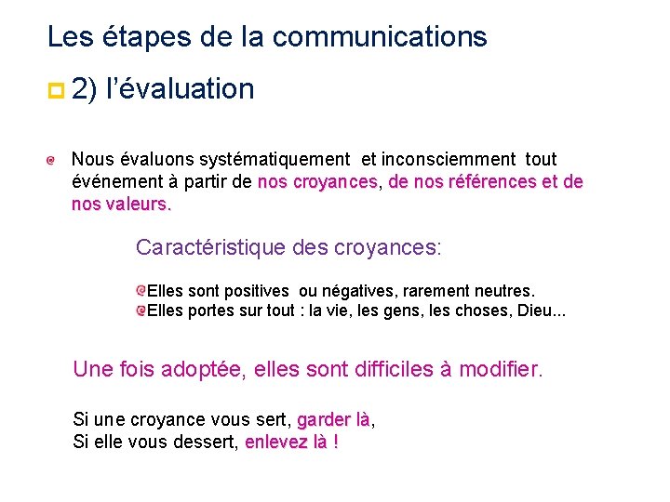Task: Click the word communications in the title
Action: click(x=380, y=37)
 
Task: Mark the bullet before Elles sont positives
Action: click(x=141, y=291)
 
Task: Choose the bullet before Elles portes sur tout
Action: click(x=141, y=310)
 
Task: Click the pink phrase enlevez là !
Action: click(x=291, y=442)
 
